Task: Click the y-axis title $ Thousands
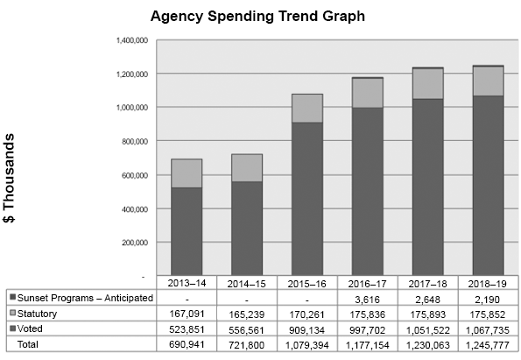11,179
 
